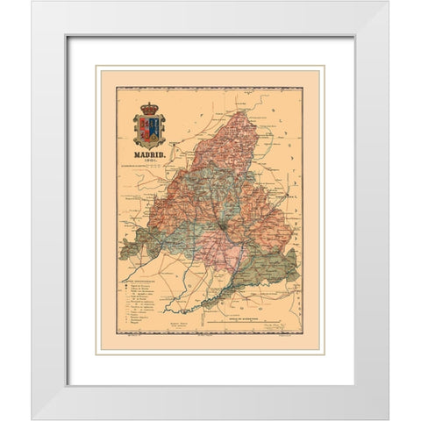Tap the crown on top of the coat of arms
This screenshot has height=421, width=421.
point(149,109)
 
